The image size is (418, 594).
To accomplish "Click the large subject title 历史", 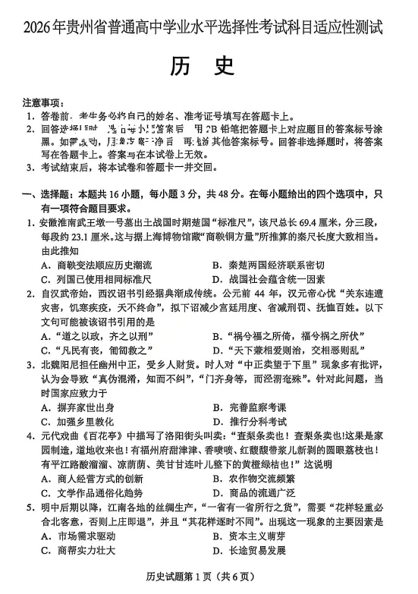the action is click(x=207, y=68).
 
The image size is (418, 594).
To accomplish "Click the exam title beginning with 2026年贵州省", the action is click(x=209, y=28).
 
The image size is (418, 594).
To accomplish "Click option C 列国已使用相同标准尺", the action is click(x=97, y=279).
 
